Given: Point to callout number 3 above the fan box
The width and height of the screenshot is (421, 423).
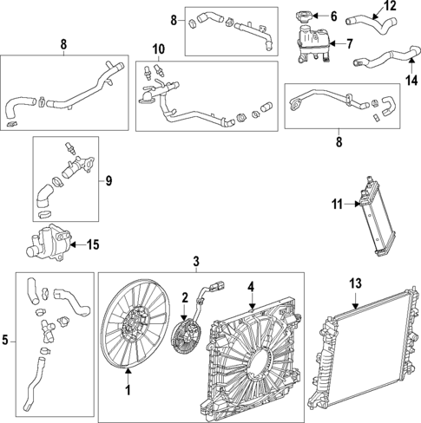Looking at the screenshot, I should pyautogui.click(x=196, y=261).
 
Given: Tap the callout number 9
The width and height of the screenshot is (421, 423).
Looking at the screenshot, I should pyautogui.click(x=109, y=180).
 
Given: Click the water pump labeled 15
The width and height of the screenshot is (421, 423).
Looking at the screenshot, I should pyautogui.click(x=51, y=242).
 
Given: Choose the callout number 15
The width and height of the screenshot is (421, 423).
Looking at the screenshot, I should pyautogui.click(x=92, y=244).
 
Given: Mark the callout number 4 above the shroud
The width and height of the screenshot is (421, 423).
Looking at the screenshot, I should pyautogui.click(x=251, y=285).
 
